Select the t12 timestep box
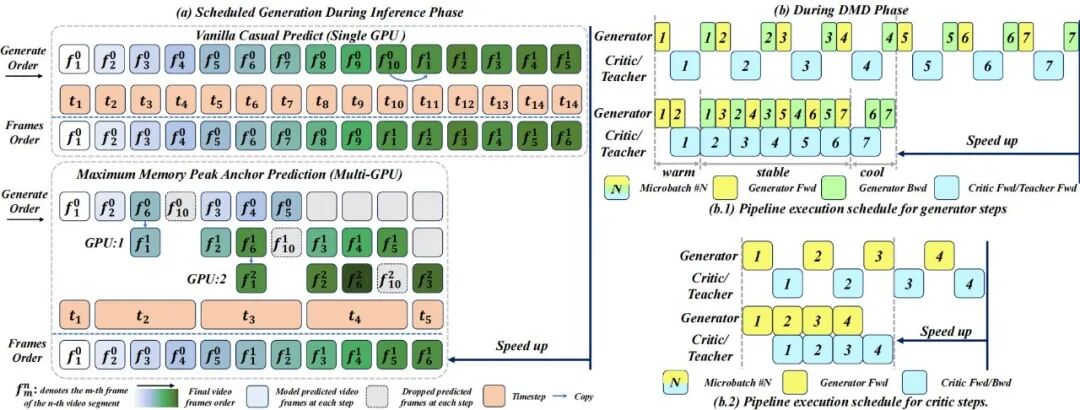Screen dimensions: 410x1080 pos(463,102)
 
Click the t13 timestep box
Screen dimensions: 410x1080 pos(502,102)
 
